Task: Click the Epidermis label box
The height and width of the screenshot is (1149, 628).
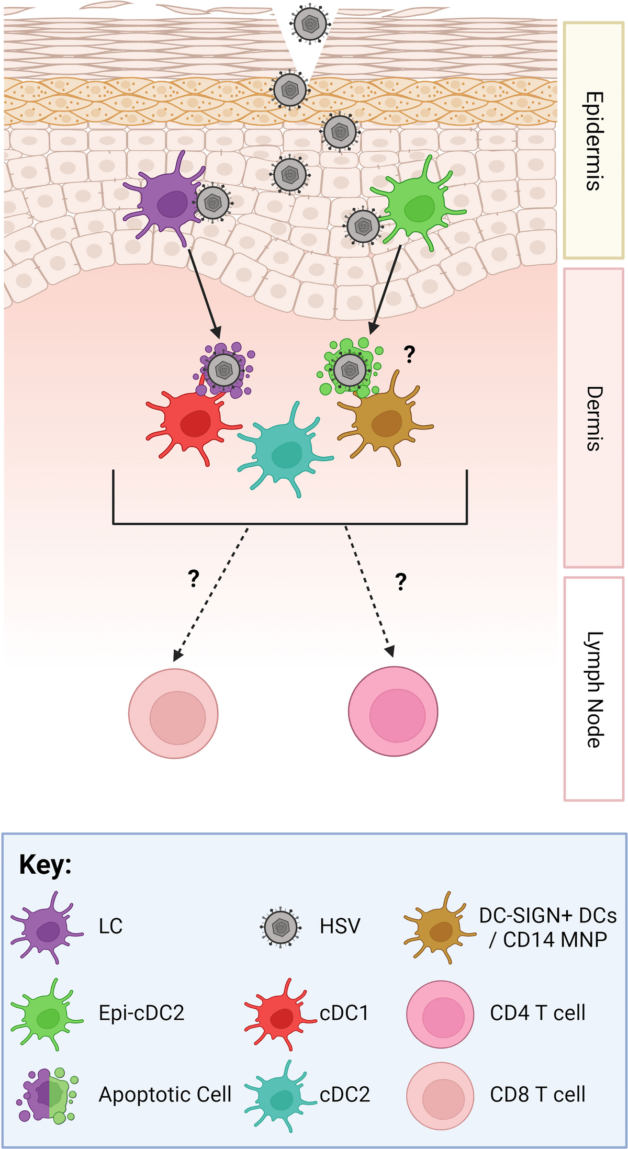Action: coord(593,140)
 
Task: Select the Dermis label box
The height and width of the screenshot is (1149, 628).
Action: coord(593,418)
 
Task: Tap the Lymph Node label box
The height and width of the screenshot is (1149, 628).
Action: coord(593,689)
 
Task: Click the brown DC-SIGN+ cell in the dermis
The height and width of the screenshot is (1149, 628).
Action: coord(385,421)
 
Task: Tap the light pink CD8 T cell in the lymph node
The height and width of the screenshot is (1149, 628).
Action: coord(173,713)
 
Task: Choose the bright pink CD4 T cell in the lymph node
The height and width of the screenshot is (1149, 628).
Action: coord(393,711)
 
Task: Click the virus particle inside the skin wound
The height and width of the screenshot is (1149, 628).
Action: coord(310,24)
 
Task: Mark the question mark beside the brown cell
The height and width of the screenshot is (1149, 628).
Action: coord(409,355)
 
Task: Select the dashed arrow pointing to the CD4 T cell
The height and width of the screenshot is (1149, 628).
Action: coord(367,591)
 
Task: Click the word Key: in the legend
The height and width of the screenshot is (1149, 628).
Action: coord(46,865)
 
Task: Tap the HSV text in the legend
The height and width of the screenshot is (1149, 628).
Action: coord(340,926)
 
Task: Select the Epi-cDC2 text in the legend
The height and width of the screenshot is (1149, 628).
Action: coord(141,1013)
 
